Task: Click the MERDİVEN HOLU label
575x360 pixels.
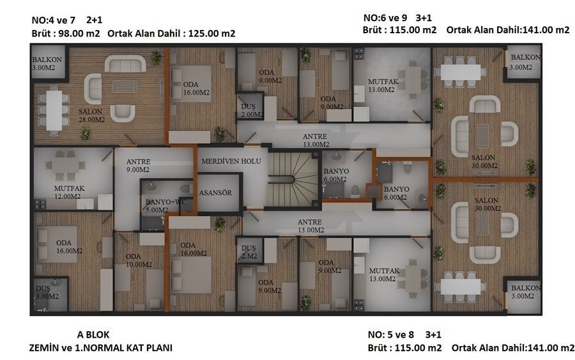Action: tap(231, 161)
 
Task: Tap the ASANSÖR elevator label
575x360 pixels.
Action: tap(215, 192)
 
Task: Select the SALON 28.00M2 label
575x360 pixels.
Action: tap(91, 115)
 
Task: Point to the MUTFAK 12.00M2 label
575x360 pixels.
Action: tap(68, 192)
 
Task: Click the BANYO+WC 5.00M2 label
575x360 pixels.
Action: tap(165, 206)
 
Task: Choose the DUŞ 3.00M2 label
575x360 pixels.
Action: tap(47, 292)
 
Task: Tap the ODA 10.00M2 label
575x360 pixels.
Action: tap(139, 260)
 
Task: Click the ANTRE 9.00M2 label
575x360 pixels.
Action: tap(138, 166)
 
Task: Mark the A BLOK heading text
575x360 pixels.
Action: tap(93, 334)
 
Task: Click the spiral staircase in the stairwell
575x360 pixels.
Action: tap(293, 180)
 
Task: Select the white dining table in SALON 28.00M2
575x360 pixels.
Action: tap(54, 109)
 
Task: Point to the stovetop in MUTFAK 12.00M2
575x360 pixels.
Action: tap(40, 204)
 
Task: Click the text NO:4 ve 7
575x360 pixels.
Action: tap(53, 20)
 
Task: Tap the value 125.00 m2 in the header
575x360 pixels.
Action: tap(211, 33)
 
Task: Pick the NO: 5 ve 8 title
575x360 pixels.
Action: tap(391, 334)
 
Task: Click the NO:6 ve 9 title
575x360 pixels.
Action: tap(385, 18)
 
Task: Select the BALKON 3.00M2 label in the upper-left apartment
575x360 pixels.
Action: tap(47, 63)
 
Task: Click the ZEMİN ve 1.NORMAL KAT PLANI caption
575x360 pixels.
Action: tap(100, 347)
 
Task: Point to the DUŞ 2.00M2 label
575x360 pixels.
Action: tap(252, 110)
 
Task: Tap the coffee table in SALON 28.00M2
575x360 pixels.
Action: tap(125, 87)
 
